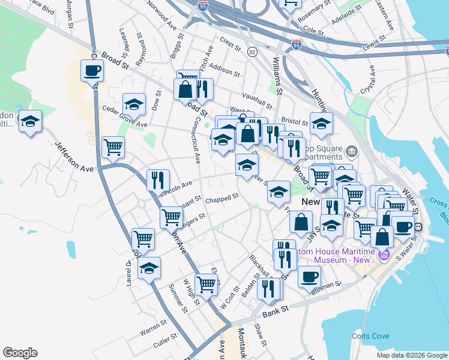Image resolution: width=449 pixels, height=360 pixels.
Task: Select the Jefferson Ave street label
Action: tap(74, 157)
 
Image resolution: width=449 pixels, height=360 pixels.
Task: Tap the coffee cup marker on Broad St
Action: tap(92, 70)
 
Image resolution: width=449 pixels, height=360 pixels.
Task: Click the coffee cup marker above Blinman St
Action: tap(309, 277)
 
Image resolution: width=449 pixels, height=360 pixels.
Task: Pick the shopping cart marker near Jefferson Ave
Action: tap(113, 146)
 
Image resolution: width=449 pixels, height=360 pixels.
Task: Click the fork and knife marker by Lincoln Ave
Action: tap(158, 179)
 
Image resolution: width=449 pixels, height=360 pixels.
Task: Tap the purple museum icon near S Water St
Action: tap(384, 256)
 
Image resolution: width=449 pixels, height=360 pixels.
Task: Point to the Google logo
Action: tap(20, 353)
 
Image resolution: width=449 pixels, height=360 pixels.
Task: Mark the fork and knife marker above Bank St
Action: tap(269, 289)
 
